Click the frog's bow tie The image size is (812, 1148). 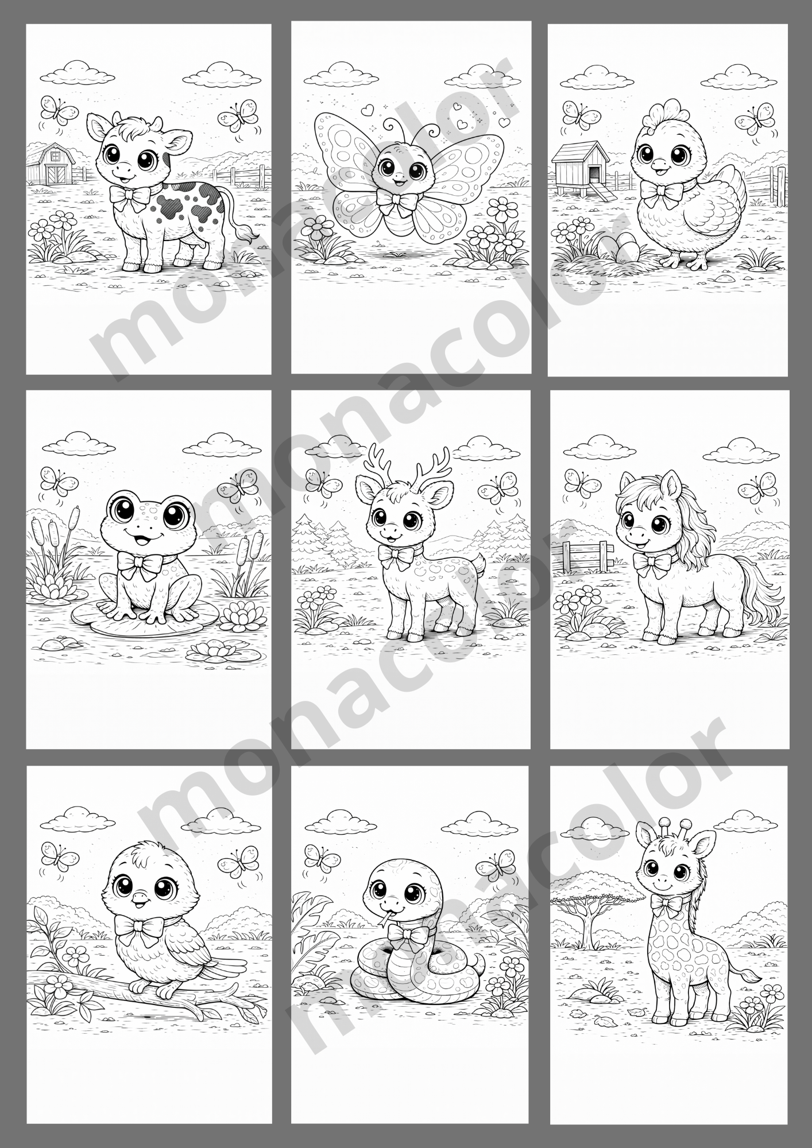[x=138, y=565]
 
